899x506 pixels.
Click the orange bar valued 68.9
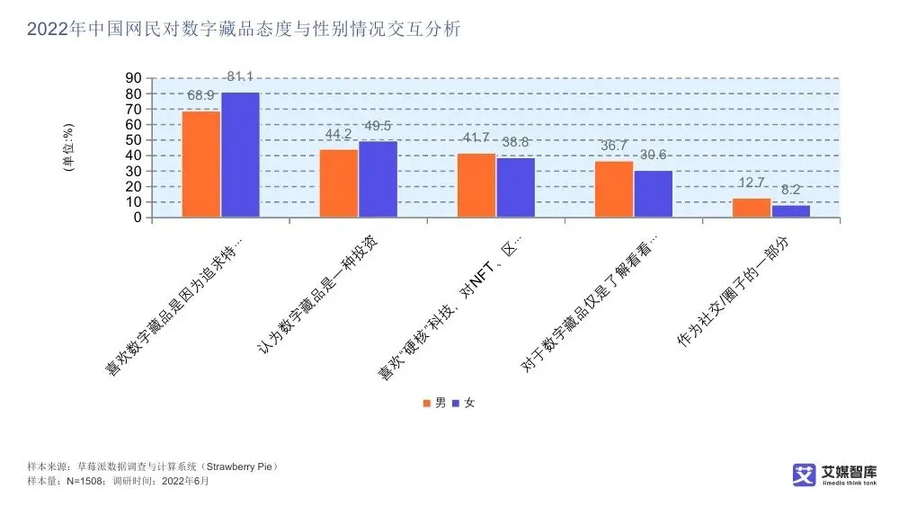[x=201, y=164]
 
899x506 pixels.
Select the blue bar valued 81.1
[x=240, y=155]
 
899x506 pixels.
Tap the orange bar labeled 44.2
[x=339, y=182]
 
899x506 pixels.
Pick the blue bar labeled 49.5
[x=378, y=179]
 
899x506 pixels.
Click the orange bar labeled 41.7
[x=476, y=185]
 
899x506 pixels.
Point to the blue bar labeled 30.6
[x=653, y=193]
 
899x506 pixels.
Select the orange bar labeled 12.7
[x=752, y=207]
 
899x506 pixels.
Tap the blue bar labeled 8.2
[x=790, y=210]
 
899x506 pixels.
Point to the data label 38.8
[x=515, y=142]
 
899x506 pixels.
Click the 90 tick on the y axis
[x=133, y=79]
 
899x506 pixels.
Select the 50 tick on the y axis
[x=133, y=140]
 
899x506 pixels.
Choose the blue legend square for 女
[x=455, y=403]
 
